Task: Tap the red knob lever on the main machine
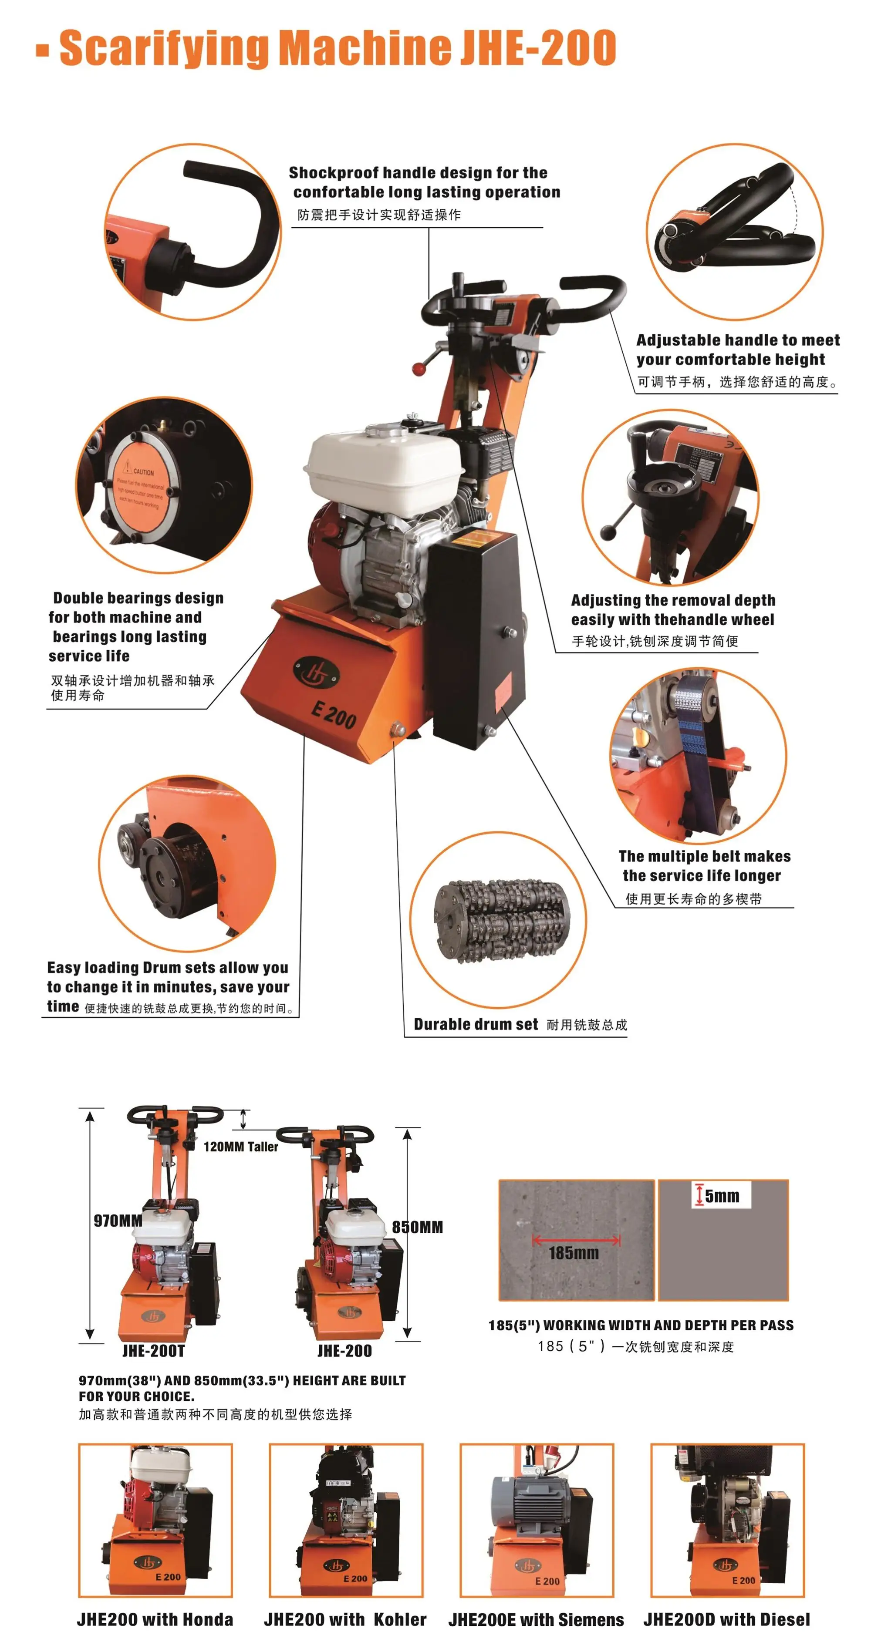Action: click(419, 368)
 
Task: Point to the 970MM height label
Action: click(118, 1220)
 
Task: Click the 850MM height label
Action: click(417, 1226)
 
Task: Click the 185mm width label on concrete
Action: click(573, 1252)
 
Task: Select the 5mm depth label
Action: click(721, 1196)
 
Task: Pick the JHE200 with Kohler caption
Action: click(345, 1618)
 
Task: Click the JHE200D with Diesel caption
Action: click(726, 1618)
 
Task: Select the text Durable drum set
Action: click(476, 1024)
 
